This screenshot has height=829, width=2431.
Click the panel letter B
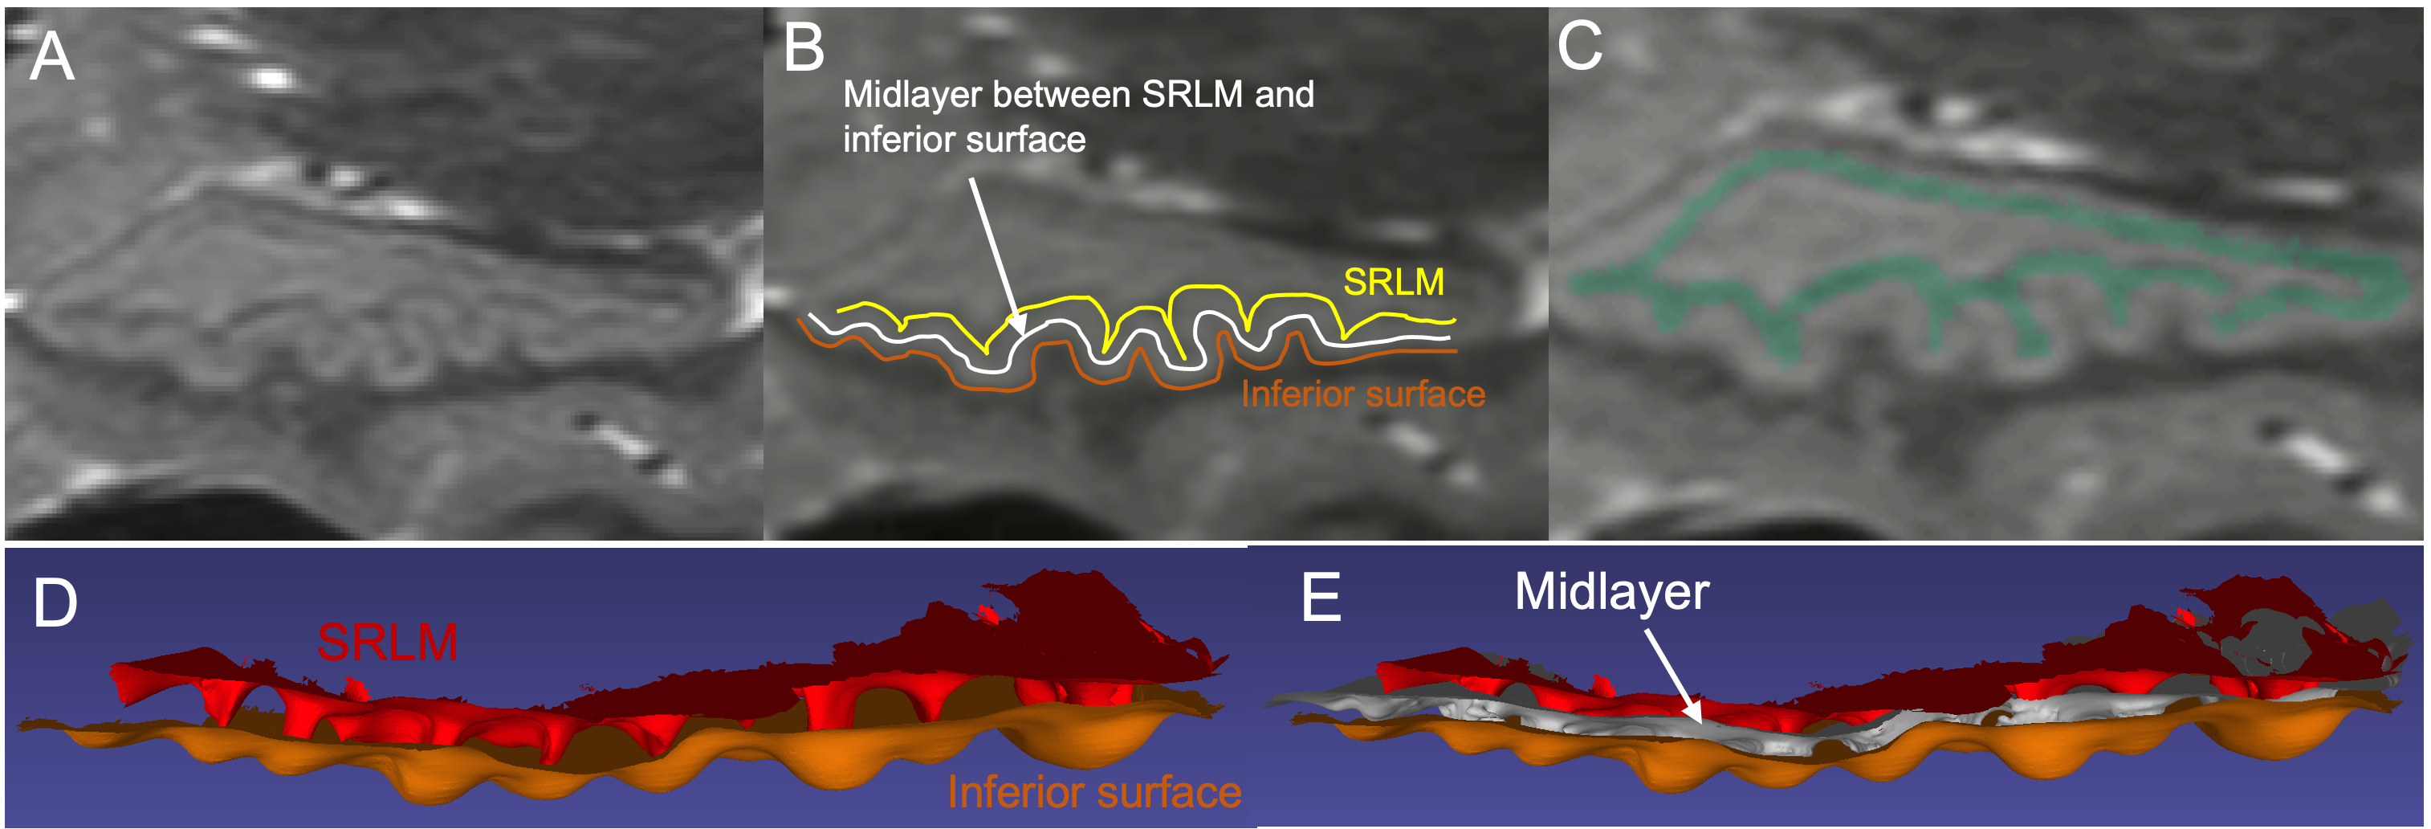click(803, 49)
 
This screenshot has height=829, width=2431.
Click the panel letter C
click(1579, 45)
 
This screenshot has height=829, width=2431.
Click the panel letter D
click(55, 604)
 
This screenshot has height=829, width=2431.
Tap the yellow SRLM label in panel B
click(1393, 281)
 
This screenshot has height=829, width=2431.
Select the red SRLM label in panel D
click(387, 643)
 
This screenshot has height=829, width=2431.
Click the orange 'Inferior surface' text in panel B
click(1362, 394)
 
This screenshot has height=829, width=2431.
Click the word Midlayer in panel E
click(1611, 592)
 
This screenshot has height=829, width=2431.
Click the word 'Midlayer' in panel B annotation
click(912, 95)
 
